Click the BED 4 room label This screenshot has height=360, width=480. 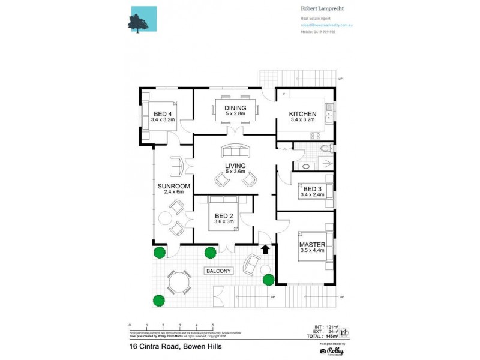162,114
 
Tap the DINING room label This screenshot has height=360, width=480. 235,109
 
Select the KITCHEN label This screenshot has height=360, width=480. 302,114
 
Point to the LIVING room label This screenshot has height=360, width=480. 235,167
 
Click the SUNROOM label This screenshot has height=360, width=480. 171,187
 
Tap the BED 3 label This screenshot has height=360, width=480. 312,189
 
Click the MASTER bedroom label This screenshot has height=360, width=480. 312,245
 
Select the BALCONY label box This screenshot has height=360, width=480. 218,271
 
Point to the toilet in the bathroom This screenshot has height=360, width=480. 325,148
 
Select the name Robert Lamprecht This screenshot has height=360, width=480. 326,9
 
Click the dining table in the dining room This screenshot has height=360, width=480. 235,109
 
